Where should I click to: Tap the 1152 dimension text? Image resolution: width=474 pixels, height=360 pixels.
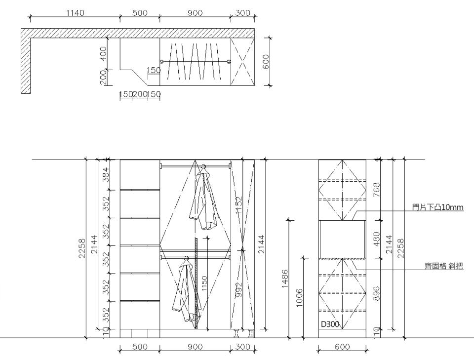239,204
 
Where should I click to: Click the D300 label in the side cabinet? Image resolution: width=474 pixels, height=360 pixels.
329,324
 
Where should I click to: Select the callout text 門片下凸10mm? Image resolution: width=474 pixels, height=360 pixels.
437,207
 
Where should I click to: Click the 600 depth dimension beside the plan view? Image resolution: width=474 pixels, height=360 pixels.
267,61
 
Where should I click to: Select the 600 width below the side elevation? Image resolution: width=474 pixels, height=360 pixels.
342,347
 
